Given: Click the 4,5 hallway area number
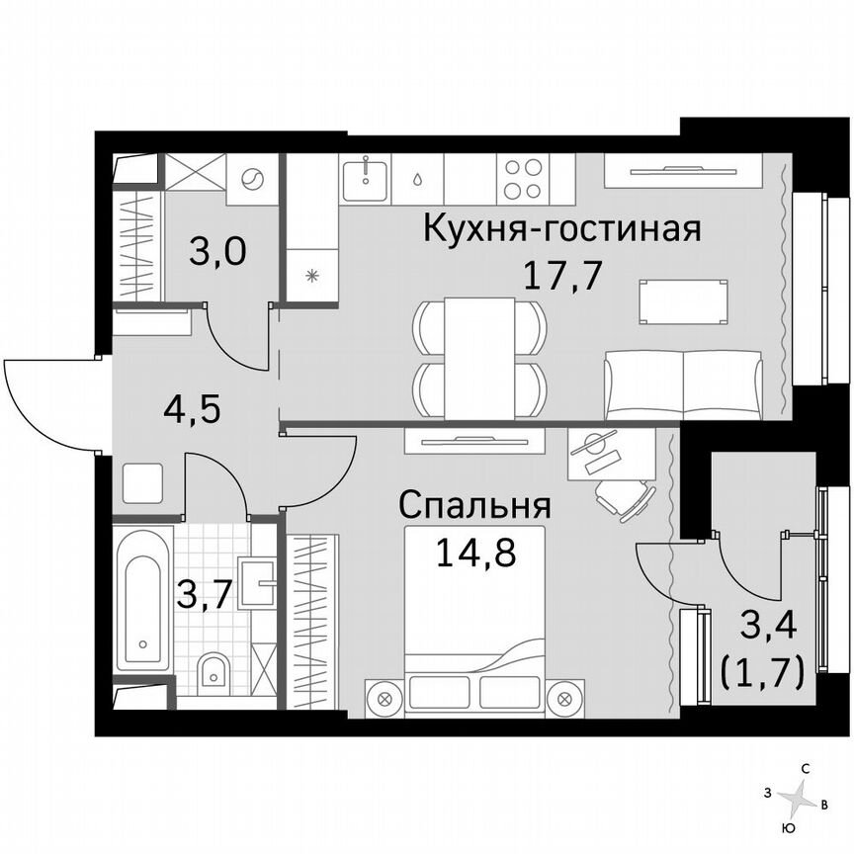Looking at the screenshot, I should point(191,407).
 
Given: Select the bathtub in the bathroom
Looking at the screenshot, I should point(144,600).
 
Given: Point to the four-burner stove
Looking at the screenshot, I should point(523,179).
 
